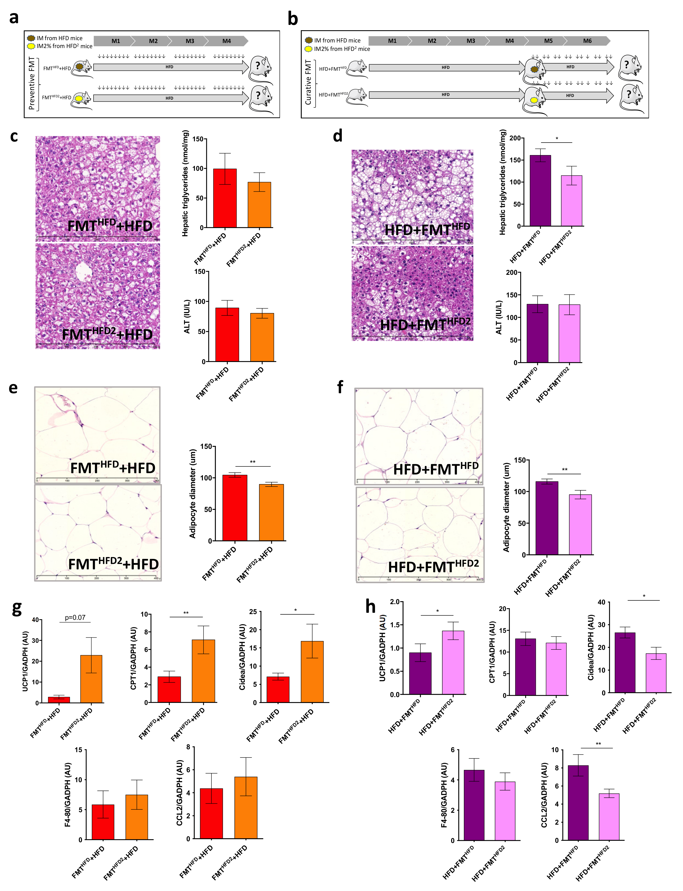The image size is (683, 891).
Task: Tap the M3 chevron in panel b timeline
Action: (x=470, y=41)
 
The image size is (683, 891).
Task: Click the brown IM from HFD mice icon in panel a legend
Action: (x=31, y=38)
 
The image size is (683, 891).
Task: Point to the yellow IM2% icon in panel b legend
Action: (x=309, y=49)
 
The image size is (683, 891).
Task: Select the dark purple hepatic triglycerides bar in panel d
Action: (x=540, y=190)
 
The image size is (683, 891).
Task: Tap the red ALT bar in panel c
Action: (x=227, y=334)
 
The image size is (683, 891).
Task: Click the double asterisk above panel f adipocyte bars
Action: (x=564, y=470)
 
